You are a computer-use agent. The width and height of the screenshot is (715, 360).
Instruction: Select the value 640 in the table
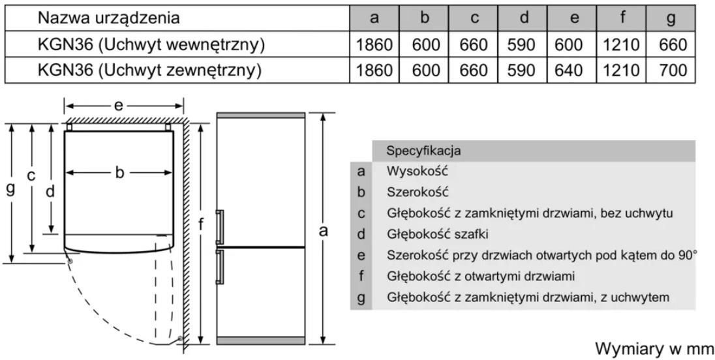(x=569, y=70)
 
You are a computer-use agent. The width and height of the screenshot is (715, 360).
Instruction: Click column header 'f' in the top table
(x=623, y=18)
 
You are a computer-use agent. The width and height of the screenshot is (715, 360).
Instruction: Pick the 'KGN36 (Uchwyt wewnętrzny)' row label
(x=151, y=44)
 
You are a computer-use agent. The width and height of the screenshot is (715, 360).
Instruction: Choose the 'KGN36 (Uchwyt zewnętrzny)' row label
(x=149, y=70)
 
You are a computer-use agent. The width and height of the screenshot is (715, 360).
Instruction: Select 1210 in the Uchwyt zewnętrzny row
(x=620, y=70)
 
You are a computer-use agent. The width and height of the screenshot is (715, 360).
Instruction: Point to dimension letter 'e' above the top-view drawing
(x=119, y=106)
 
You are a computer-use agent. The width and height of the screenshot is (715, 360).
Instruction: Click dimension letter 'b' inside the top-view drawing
(x=119, y=173)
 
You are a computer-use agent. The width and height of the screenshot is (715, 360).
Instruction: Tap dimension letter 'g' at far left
(x=10, y=188)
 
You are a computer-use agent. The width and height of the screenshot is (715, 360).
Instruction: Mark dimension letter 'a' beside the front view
(x=323, y=231)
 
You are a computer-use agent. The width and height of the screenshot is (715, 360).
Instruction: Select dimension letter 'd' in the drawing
(x=50, y=191)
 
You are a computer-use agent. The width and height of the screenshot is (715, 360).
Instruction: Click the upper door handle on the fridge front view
(x=220, y=226)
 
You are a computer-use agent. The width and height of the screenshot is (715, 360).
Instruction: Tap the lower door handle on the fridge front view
(x=220, y=267)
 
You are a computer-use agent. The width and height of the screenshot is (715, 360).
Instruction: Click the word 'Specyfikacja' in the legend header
(x=423, y=151)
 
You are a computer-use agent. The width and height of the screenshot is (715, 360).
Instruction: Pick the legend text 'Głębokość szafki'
(x=437, y=234)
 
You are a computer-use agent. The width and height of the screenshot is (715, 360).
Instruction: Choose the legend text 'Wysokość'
(x=418, y=172)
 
